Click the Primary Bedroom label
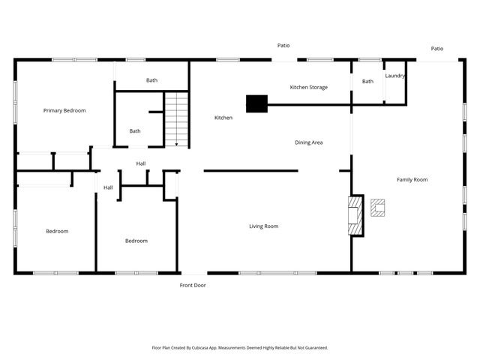(x=64, y=110)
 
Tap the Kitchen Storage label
(x=308, y=88)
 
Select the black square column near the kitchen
(x=256, y=103)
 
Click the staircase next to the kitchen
(x=176, y=118)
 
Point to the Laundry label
(x=395, y=76)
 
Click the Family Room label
(x=412, y=179)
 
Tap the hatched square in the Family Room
(x=379, y=208)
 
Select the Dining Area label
(x=308, y=142)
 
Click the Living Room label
(x=264, y=226)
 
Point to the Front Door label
(x=193, y=285)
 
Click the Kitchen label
(x=223, y=118)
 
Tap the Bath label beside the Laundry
(x=368, y=81)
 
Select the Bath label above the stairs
(x=151, y=80)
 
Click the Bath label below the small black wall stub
(x=135, y=131)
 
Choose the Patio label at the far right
(x=436, y=49)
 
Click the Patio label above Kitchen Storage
(x=283, y=46)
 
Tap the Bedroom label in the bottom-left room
(x=57, y=231)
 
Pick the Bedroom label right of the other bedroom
(x=136, y=241)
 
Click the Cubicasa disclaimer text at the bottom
(x=240, y=348)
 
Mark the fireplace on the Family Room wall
(x=356, y=216)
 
